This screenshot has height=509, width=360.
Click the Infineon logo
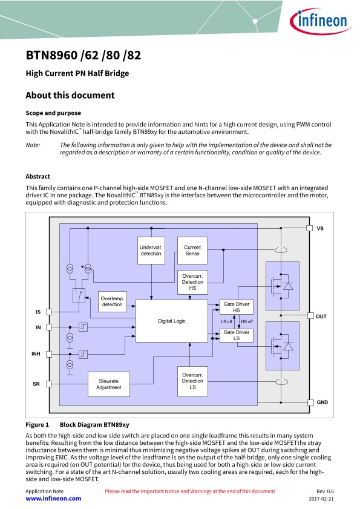point(320,21)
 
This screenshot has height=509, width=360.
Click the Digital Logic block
point(172,321)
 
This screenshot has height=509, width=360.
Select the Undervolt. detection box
point(151,251)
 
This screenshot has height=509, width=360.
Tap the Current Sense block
point(192,251)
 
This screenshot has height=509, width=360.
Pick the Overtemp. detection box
point(113,301)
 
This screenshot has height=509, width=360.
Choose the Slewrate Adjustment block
point(109,384)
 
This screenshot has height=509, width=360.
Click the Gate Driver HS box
point(237,307)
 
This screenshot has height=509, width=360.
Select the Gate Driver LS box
point(237,335)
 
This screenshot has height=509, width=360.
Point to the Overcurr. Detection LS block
point(192,381)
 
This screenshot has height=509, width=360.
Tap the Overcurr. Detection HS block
point(192,282)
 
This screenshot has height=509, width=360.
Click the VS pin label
point(320,228)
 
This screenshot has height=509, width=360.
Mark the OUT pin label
point(321,316)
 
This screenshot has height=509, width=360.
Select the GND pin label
point(322,402)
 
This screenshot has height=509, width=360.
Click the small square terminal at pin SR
point(49,384)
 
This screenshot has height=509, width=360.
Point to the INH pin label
point(36,354)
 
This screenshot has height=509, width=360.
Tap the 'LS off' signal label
point(226,322)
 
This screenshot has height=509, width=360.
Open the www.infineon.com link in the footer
point(54,499)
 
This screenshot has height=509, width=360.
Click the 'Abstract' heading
point(38,177)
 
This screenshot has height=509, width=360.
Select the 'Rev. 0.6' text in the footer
point(325,491)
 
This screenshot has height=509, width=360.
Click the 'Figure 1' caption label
point(38,425)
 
